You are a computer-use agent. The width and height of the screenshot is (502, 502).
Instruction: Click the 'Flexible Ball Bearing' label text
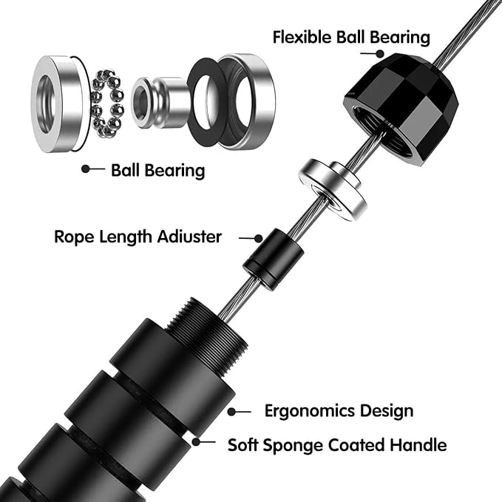(x=351, y=36)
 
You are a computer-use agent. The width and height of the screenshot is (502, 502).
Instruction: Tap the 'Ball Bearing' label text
(x=157, y=170)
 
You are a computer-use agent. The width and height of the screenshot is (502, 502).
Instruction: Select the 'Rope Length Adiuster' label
(x=138, y=237)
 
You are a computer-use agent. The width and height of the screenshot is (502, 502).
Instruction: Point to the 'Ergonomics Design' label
(x=339, y=411)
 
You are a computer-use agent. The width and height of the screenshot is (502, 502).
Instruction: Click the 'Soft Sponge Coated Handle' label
(x=336, y=445)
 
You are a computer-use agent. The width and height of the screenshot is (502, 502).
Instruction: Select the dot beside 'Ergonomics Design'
(x=231, y=411)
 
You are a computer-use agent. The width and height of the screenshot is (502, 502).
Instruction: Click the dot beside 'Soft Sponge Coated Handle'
(x=195, y=442)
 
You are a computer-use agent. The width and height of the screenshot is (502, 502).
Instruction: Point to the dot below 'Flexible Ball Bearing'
(x=380, y=53)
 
